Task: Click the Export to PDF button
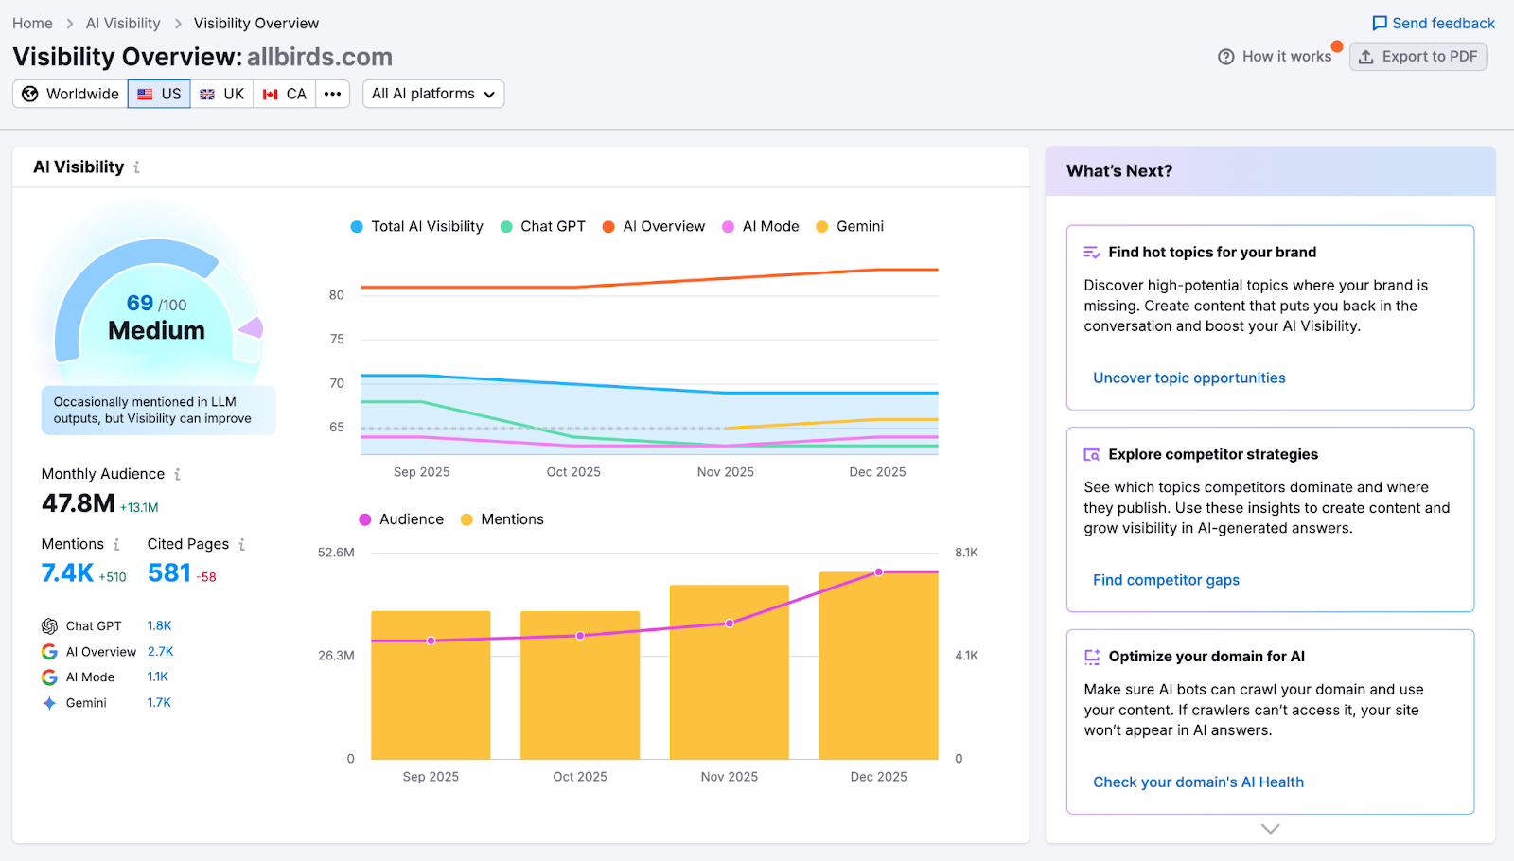1417,57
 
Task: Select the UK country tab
222,94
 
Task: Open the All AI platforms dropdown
432,94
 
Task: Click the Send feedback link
1433,23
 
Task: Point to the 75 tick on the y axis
337,339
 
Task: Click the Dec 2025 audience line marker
879,572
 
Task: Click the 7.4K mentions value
67,573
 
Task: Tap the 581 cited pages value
169,573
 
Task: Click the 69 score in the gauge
140,303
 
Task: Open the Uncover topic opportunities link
1188,378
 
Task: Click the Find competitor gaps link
1166,580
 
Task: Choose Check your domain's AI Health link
1198,782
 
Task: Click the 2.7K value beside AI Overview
160,651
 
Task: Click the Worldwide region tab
71,94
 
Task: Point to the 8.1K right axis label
966,553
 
